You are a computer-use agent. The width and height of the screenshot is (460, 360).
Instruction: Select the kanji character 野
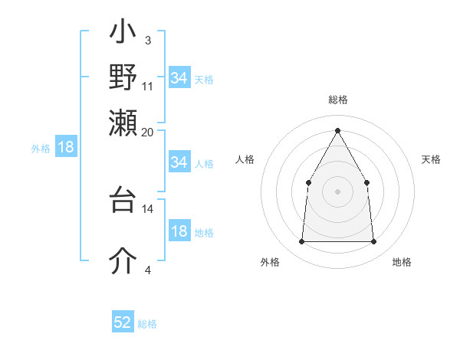pos(123,77)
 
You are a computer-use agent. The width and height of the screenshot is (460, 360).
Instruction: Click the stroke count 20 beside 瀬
pos(148,133)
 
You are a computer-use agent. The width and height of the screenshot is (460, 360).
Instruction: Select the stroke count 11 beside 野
pos(148,86)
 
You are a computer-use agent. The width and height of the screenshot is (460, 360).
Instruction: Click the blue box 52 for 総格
pos(123,322)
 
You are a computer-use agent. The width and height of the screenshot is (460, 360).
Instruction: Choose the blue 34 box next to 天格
pos(179,78)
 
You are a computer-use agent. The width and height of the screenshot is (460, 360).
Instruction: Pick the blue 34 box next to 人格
pos(179,162)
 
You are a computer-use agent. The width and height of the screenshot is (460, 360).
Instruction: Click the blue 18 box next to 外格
pos(66,147)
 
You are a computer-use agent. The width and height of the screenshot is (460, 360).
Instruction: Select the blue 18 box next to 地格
pos(179,231)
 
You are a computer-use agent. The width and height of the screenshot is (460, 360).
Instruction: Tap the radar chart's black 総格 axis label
pos(337,100)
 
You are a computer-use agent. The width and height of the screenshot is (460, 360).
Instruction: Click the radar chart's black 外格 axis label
pos(270,263)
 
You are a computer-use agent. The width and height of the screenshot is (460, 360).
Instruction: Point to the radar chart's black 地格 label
pos(402,263)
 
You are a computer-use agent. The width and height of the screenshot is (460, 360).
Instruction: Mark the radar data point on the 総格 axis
pos(337,130)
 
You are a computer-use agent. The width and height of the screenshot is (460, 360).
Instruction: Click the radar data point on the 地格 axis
pos(373,242)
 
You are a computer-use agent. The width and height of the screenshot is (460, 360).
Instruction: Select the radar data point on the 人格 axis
pos(308,182)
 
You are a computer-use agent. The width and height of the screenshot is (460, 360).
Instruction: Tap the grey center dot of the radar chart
pos(337,191)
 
